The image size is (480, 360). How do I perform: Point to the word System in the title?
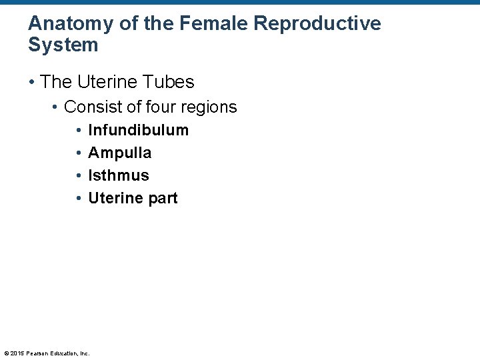(63, 45)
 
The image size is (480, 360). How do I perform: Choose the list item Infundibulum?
(138, 131)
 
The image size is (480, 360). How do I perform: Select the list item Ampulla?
(119, 153)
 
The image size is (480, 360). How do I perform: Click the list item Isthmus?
(119, 176)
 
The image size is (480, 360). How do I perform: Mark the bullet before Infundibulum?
(79, 131)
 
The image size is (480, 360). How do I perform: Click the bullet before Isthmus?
(79, 176)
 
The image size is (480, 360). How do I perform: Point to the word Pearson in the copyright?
(37, 353)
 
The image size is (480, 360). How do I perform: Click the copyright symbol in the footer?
(6, 353)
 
